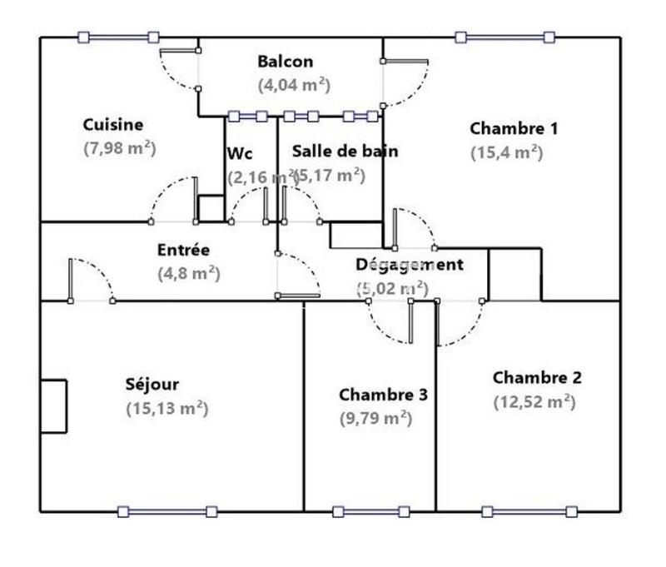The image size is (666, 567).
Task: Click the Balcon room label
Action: [286, 62]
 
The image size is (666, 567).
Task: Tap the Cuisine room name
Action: [113, 125]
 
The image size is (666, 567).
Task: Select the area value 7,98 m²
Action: [120, 147]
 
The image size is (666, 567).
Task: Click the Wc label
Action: [240, 154]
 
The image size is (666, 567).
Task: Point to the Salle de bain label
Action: [345, 152]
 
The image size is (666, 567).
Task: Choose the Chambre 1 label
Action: [514, 128]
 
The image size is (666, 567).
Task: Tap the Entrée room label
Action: [183, 250]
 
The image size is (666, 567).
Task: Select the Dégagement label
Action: [409, 265]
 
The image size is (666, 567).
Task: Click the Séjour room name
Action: [152, 385]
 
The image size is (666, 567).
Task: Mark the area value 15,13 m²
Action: [166, 408]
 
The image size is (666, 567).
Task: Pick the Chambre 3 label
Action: [383, 395]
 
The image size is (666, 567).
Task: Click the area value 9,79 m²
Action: [375, 418]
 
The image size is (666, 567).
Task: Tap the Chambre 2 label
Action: [537, 378]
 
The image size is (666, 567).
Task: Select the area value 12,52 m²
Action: [534, 401]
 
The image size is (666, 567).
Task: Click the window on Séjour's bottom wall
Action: [167, 511]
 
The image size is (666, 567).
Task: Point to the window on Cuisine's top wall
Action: [118, 37]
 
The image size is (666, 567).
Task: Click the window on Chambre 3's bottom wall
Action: [370, 511]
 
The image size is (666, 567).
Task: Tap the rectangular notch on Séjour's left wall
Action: [53, 405]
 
